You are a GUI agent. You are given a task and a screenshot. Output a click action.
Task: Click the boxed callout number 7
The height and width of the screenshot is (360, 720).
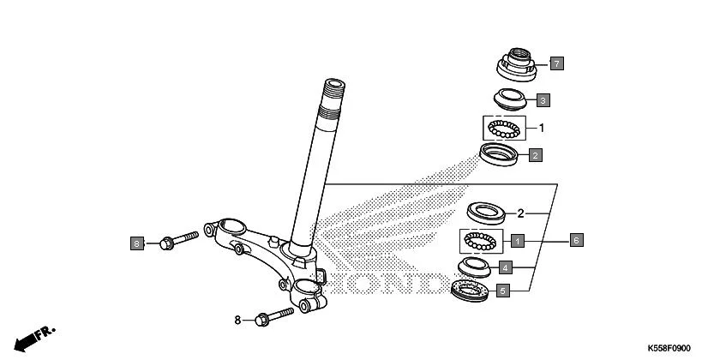point(556,63)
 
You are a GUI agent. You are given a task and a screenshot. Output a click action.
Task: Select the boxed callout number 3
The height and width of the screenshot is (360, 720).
point(543,100)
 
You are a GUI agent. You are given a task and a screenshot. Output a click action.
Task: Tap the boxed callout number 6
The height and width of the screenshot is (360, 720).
point(577,240)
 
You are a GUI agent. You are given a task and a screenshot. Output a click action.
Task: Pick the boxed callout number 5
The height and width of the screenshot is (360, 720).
point(503,291)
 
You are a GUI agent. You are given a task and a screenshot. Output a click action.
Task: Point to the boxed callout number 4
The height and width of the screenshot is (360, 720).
point(506,267)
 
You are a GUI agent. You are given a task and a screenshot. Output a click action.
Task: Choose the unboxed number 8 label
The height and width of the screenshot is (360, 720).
point(238,321)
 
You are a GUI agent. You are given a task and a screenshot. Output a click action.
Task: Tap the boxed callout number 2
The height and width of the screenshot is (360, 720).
point(535,156)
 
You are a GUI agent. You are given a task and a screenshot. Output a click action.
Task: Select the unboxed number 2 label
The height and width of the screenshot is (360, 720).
point(520,213)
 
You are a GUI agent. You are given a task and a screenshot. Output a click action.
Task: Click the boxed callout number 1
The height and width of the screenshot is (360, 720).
point(518,240)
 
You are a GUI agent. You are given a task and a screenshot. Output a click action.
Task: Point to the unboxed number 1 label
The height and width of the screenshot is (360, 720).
point(541,129)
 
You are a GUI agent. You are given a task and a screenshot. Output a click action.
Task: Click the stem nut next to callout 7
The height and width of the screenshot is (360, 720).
point(518,63)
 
